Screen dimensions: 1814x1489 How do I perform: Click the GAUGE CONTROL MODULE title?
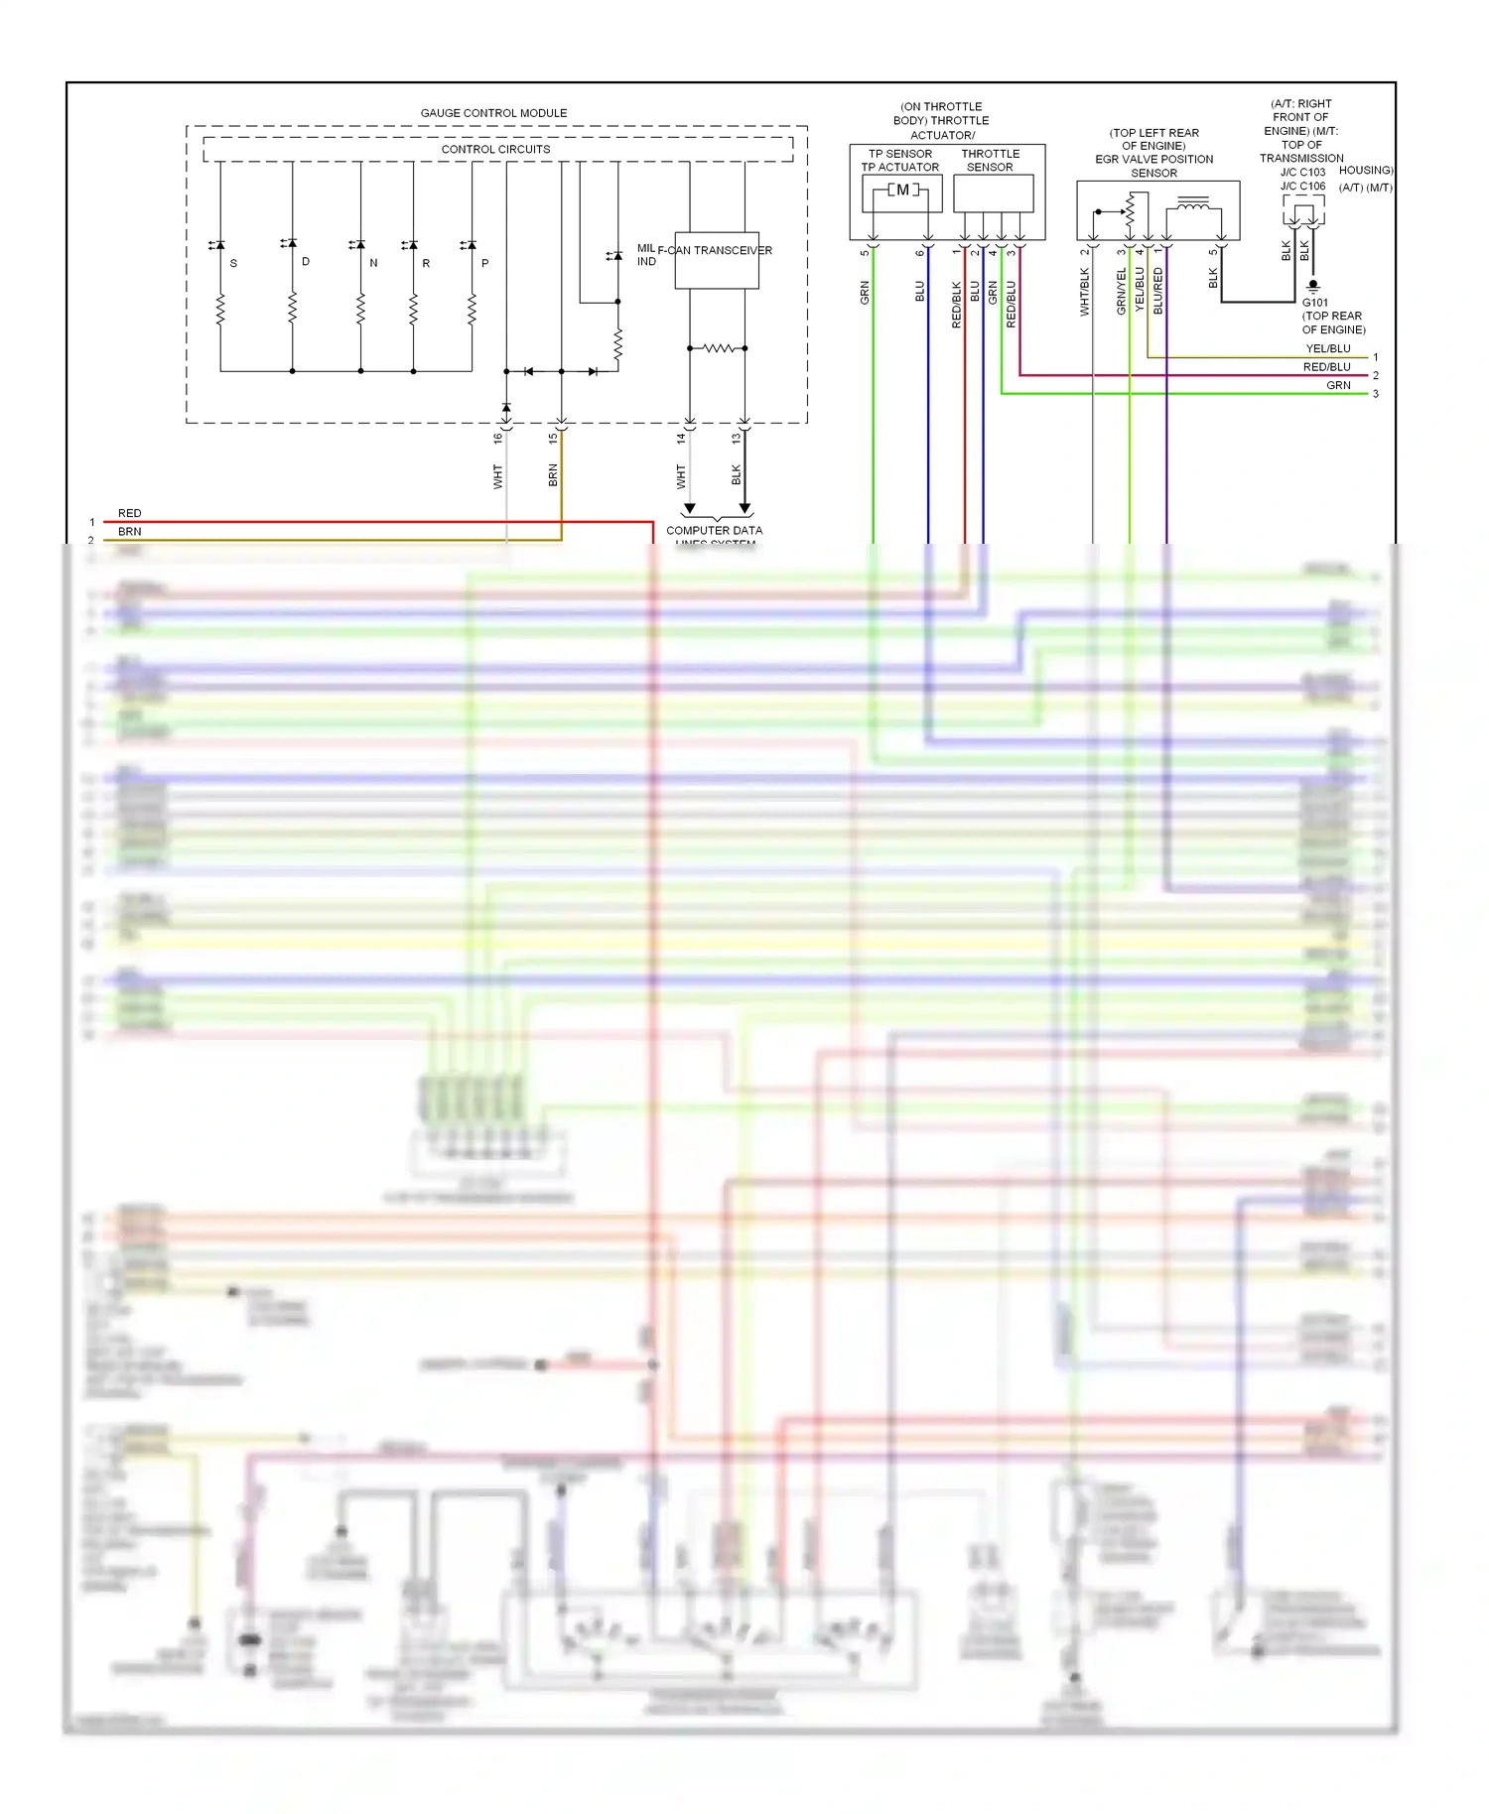pos(493,113)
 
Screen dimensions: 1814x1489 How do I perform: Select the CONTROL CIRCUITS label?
pos(495,150)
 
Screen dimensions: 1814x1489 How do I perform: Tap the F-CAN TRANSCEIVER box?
pos(717,261)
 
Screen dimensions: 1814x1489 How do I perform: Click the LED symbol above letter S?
pos(216,244)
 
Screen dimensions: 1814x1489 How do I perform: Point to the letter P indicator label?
pos(484,264)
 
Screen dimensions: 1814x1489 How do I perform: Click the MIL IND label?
pos(646,255)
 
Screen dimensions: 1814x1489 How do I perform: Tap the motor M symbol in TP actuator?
pos(902,191)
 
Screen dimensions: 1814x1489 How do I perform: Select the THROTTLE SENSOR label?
pos(990,161)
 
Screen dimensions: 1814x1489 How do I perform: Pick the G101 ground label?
pos(1314,303)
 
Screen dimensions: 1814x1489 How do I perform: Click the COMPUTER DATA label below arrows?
pos(714,531)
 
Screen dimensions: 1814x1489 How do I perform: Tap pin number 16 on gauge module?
pos(498,438)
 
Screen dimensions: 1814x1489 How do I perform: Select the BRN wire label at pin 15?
pos(553,475)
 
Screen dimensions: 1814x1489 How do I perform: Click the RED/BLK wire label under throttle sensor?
pos(957,305)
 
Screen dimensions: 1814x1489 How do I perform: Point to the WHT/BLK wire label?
pos(1084,293)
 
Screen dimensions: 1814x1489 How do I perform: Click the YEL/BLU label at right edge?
pos(1327,349)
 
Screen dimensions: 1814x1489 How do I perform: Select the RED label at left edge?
pos(129,513)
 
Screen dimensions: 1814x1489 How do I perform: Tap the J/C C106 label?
pos(1302,187)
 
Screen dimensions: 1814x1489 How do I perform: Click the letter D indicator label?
pos(306,262)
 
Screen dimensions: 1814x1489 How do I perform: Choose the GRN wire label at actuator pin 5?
pos(865,293)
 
